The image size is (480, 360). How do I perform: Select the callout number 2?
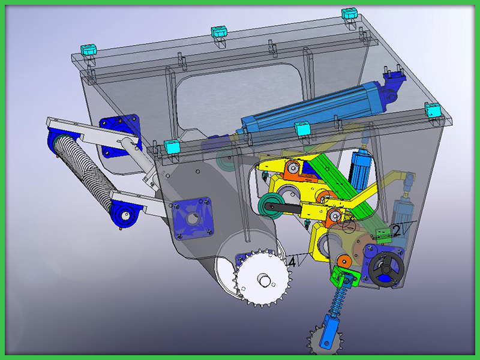point(396,231)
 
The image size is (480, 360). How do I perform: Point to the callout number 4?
point(292,262)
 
